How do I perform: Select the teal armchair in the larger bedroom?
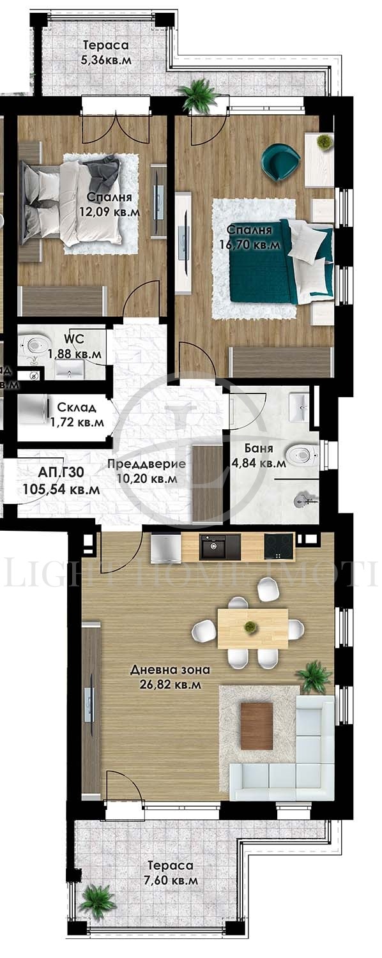tap(280, 161)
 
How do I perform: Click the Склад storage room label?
tap(77, 407)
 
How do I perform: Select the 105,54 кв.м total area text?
tap(61, 490)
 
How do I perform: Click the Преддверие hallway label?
tap(146, 464)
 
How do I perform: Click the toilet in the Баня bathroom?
tap(301, 455)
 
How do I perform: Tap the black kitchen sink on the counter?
tap(220, 547)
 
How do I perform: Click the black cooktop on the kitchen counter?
tap(279, 547)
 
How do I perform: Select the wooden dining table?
tap(252, 628)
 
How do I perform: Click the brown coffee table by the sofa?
tap(257, 726)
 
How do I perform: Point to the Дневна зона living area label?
tap(170, 670)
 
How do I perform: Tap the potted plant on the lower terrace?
tap(98, 902)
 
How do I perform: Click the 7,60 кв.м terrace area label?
tap(170, 880)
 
